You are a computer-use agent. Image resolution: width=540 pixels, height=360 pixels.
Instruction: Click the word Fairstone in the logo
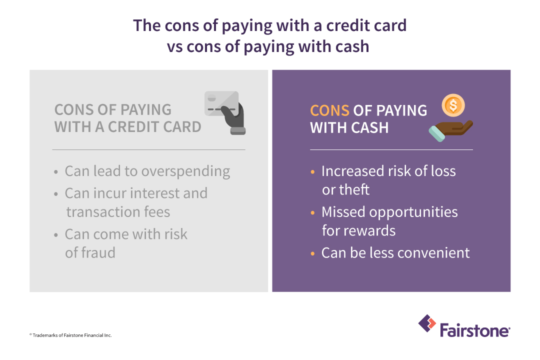pos(474,330)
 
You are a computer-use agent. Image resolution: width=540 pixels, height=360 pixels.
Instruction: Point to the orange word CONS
pos(329,110)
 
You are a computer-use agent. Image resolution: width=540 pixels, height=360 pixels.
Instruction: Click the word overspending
pos(185,171)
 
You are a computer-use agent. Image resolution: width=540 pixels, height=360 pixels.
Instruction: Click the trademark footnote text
pos(70,335)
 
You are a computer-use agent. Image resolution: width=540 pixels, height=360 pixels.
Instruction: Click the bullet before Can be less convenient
pos(313,253)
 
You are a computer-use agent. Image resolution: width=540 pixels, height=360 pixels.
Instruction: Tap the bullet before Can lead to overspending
pos(56,172)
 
